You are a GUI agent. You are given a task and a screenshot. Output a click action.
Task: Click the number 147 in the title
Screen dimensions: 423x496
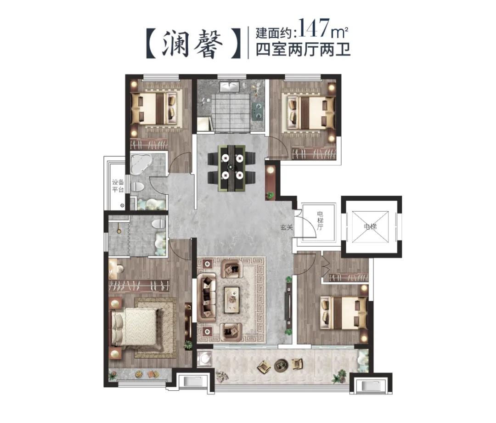click(x=316, y=28)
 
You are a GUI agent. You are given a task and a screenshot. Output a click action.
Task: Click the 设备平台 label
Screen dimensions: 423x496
click(x=118, y=186)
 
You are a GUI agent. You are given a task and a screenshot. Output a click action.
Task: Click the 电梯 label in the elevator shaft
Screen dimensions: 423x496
click(x=370, y=226)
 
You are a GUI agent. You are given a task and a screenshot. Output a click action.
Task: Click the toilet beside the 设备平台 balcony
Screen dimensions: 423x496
click(x=137, y=186)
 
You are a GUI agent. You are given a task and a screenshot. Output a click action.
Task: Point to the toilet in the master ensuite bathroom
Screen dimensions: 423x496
click(x=158, y=224)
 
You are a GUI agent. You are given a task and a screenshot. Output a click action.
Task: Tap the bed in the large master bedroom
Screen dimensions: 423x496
click(x=136, y=327)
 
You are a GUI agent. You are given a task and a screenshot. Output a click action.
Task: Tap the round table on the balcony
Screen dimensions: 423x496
click(x=280, y=366)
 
